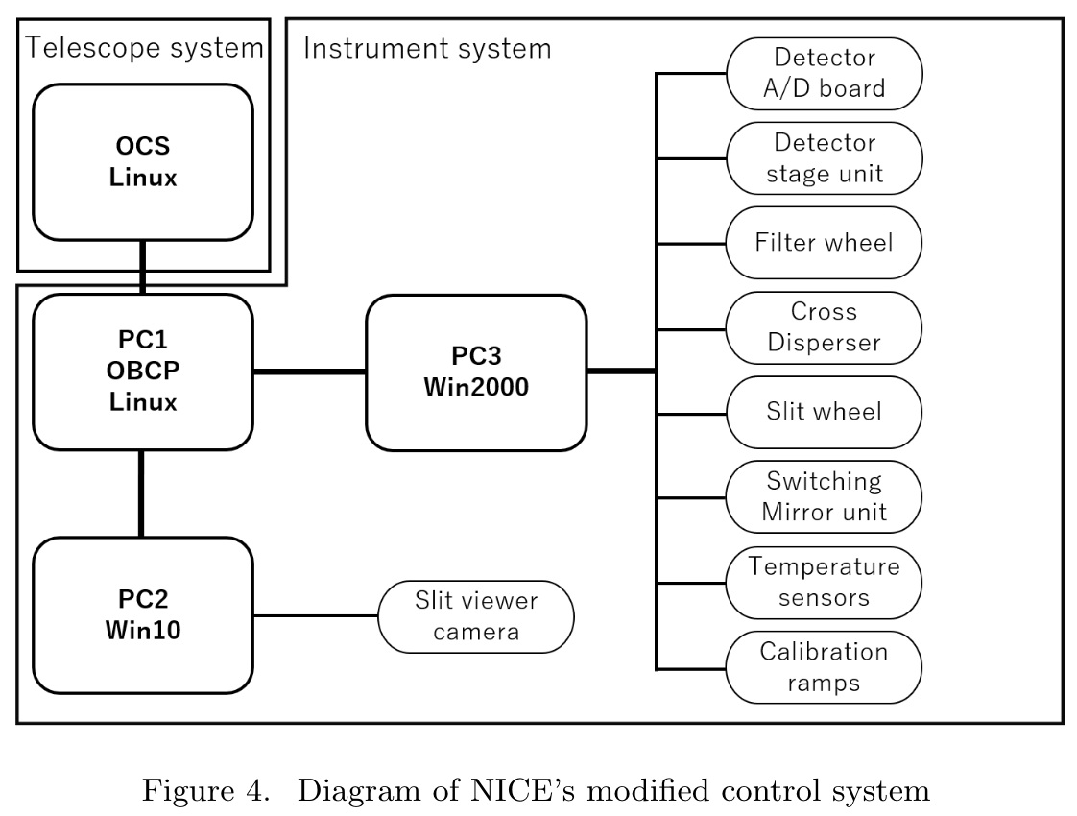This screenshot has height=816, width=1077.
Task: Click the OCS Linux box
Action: click(143, 161)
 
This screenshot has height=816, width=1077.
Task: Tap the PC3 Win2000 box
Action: click(476, 372)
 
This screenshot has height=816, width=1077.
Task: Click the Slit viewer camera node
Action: click(476, 616)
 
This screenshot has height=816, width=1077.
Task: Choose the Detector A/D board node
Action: click(824, 74)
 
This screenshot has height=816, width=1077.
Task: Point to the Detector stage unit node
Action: click(824, 158)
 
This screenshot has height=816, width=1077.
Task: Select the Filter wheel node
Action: click(824, 242)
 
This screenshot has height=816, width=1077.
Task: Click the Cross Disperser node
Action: click(824, 326)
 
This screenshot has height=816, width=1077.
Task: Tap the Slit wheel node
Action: click(824, 411)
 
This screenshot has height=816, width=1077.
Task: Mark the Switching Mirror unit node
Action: click(824, 495)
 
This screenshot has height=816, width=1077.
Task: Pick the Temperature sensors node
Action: click(824, 581)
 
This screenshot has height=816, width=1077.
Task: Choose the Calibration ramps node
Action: click(824, 666)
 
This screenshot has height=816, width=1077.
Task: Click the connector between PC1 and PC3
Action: click(309, 372)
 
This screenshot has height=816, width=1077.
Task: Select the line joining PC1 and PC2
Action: click(142, 493)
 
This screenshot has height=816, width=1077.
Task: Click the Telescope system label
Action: click(144, 47)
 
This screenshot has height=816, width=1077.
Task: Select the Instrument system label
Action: click(427, 47)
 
